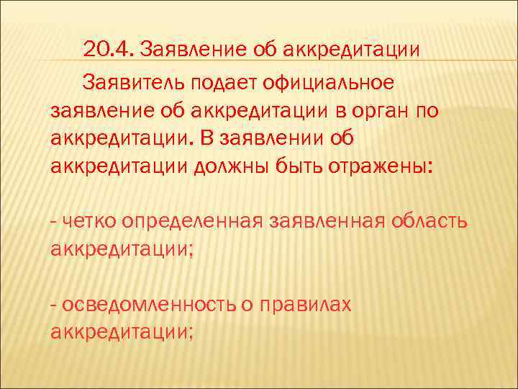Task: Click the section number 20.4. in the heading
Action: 109,50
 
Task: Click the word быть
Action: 301,166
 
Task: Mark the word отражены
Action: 381,166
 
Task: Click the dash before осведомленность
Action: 55,305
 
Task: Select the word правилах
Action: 305,305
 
